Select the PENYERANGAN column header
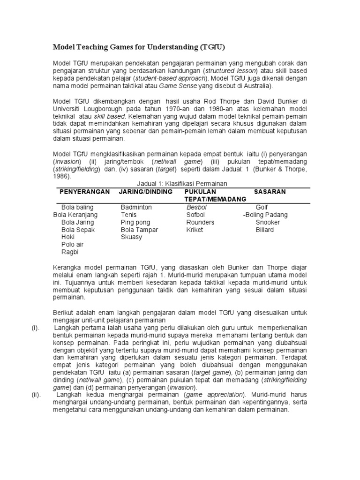[84, 192]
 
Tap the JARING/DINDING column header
[146, 192]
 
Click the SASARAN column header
[270, 192]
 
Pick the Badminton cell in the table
[136, 207]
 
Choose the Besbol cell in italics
[197, 207]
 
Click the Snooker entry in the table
[268, 222]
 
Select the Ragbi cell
[70, 252]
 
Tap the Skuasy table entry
[131, 237]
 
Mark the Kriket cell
[195, 230]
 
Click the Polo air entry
[73, 245]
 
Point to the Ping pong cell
[135, 222]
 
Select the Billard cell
[265, 230]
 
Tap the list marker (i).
[35, 328]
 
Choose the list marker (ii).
[36, 395]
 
